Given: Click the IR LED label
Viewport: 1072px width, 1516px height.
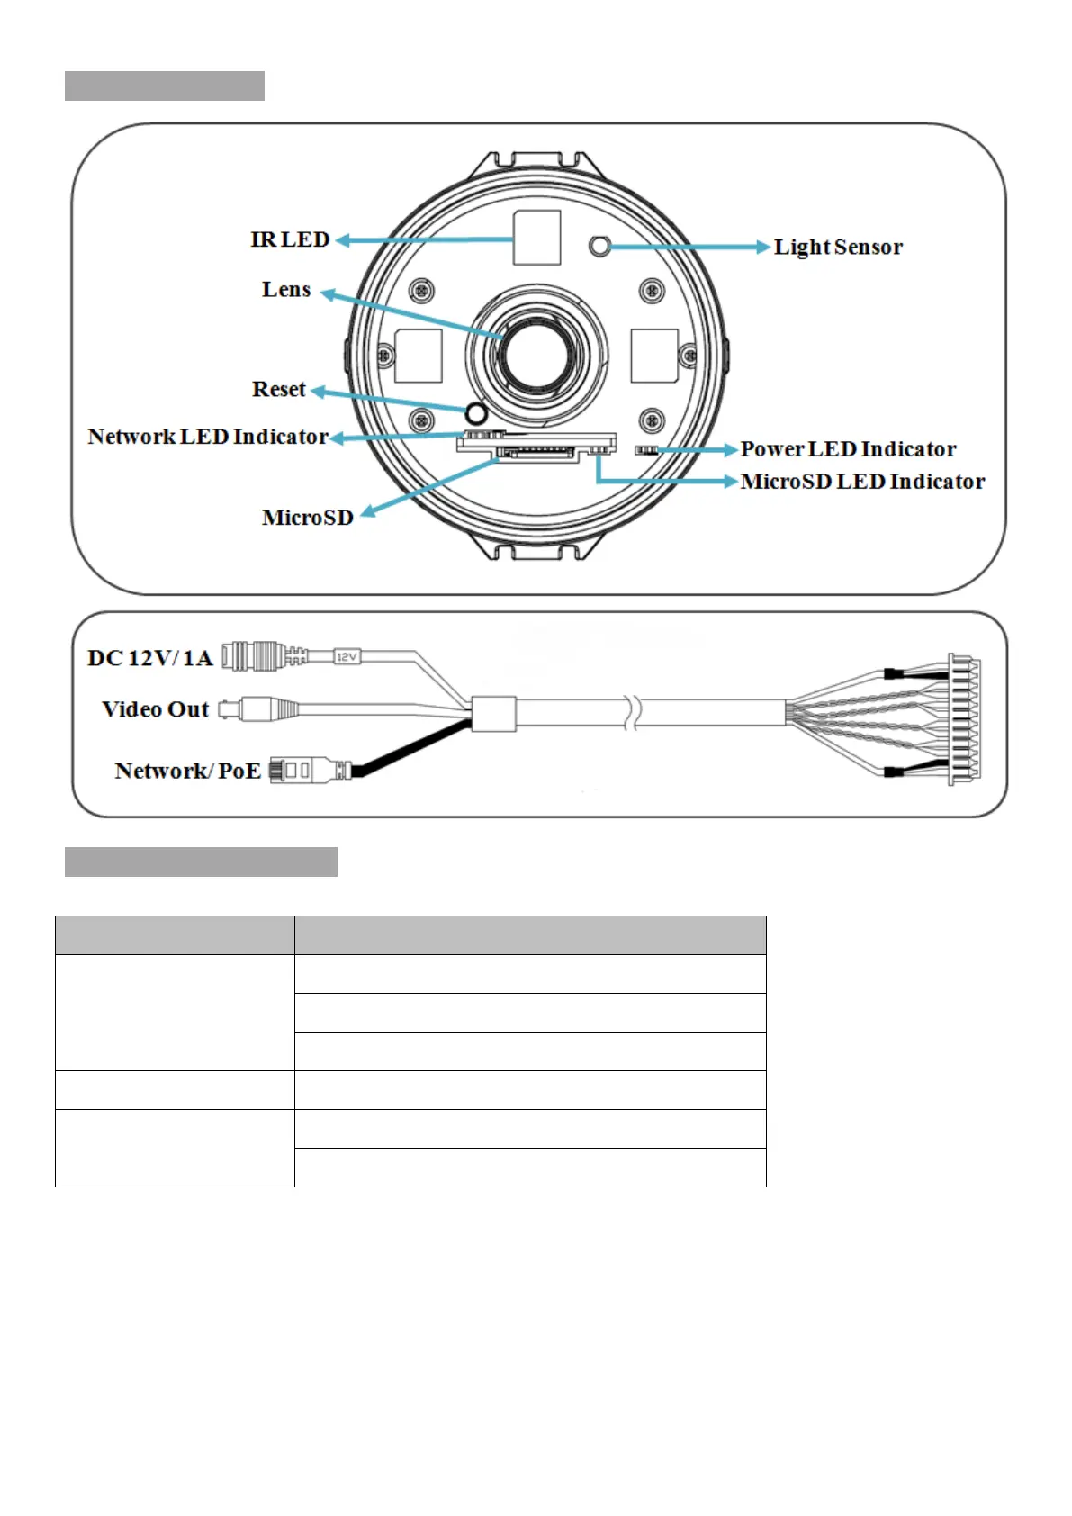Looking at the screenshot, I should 290,239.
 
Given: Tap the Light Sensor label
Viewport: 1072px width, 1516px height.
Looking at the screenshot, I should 837,247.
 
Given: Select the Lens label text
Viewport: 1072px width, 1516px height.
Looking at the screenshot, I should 286,290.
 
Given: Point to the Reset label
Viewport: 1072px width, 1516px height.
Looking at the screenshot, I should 278,389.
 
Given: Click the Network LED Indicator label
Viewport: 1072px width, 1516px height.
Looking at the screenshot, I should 207,437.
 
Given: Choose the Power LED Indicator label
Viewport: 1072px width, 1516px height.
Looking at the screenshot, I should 848,449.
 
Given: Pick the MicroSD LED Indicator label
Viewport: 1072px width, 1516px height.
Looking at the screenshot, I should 862,482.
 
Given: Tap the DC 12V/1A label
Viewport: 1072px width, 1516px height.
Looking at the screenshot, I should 149,658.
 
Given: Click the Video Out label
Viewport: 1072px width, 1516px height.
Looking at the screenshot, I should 155,709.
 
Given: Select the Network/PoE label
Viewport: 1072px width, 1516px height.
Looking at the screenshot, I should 187,771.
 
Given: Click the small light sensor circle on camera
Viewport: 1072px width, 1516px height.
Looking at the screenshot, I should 599,246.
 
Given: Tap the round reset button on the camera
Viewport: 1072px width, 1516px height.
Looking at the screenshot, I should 475,413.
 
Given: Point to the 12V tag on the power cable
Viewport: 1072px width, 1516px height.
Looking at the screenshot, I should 347,657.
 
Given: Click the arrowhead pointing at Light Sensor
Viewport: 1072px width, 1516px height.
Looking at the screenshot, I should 764,247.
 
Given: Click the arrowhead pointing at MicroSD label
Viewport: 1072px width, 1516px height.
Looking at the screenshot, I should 367,511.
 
